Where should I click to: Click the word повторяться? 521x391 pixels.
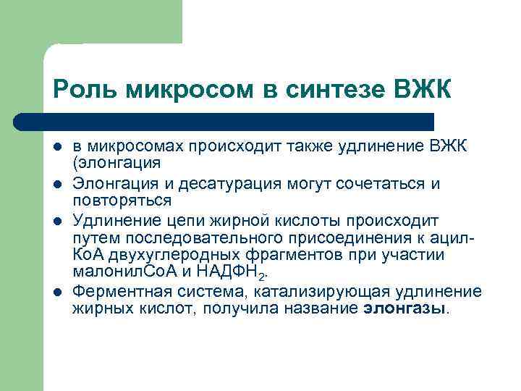tap(122, 200)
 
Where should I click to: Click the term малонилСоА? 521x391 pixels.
tap(117, 273)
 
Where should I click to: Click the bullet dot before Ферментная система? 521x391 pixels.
tap(58, 292)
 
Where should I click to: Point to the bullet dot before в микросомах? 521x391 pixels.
tap(58, 148)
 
